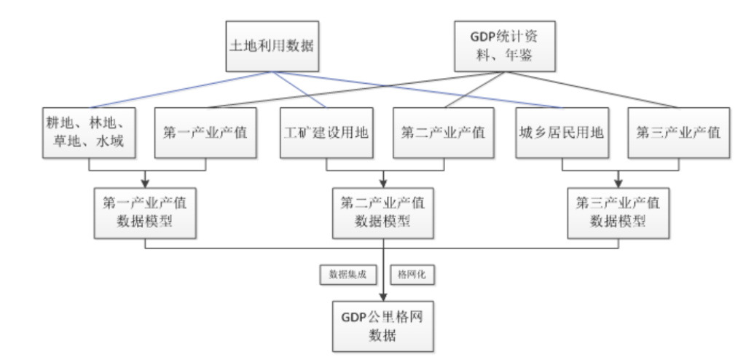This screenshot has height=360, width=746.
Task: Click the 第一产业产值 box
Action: (x=205, y=133)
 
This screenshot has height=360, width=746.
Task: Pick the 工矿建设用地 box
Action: (x=325, y=133)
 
